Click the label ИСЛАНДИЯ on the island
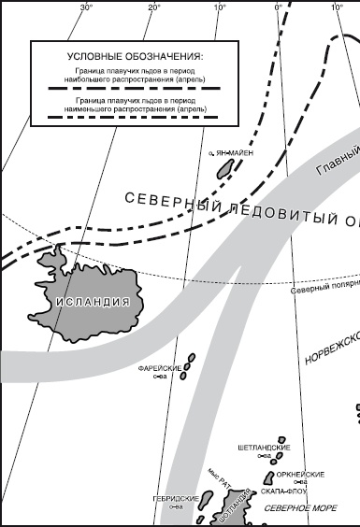coord(92,302)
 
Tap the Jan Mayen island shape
coord(224,166)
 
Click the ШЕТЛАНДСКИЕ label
coord(261,448)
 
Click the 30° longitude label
coord(86,7)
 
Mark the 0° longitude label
coord(278,7)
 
